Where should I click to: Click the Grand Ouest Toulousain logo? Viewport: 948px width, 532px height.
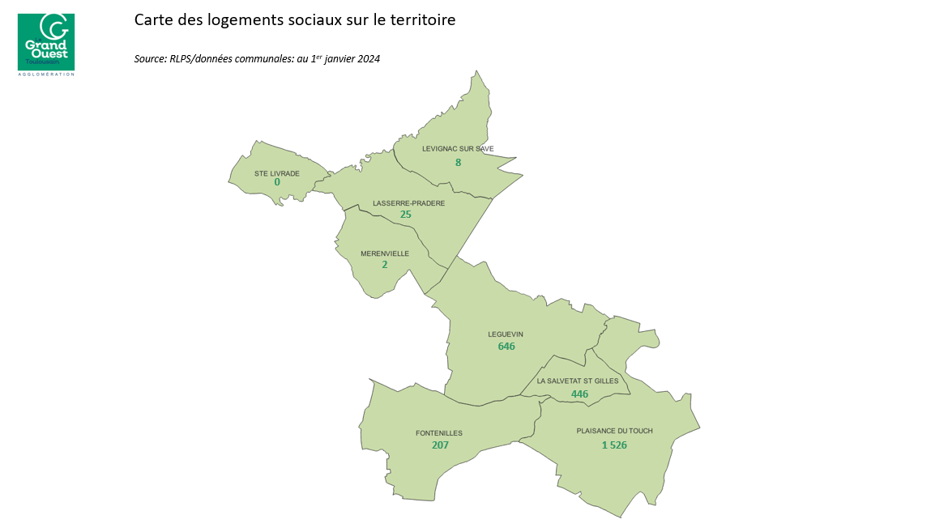coord(45,43)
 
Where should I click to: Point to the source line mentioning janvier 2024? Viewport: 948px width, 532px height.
coord(257,59)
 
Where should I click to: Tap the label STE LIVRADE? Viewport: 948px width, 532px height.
coord(277,173)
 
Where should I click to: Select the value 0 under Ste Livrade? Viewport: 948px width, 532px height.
coord(277,182)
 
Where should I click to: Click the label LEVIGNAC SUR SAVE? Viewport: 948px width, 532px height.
coord(458,149)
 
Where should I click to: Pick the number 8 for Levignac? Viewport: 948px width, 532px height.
coord(458,163)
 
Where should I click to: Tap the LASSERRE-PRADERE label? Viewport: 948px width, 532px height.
coord(408,203)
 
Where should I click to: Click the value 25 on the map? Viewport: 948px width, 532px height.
coord(406,215)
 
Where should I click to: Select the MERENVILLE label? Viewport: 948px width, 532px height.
coord(385,253)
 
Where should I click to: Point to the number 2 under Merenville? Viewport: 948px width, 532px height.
coord(384,265)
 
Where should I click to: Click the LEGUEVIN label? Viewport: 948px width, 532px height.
coord(506,334)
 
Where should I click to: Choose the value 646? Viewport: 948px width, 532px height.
coord(506,347)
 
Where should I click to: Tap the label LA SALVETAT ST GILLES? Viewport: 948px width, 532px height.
coord(579,381)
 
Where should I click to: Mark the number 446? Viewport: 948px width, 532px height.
coord(579,394)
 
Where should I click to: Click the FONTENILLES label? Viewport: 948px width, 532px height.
coord(439,433)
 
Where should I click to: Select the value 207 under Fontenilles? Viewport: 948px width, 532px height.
coord(440,445)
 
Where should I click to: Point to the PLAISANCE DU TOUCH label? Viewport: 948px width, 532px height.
coord(614,432)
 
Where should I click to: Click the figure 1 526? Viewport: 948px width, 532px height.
coord(614,445)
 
